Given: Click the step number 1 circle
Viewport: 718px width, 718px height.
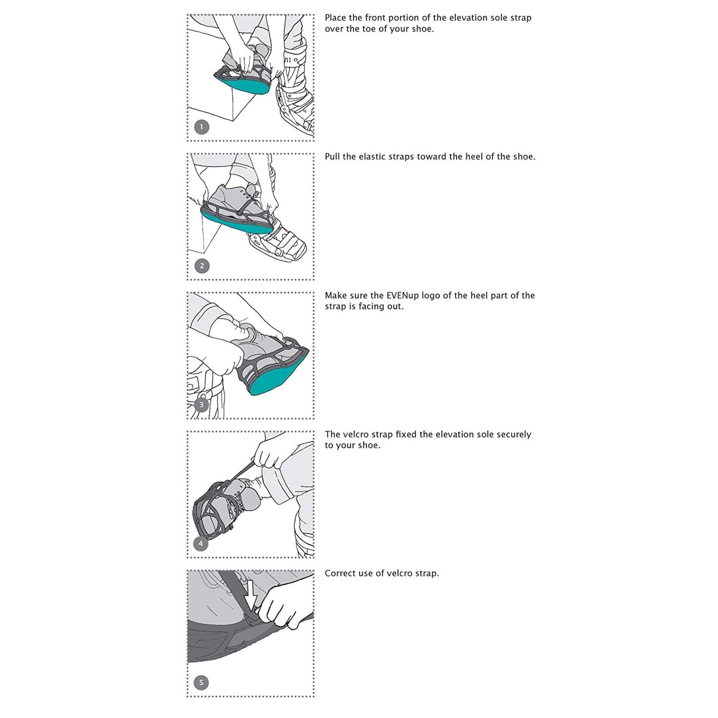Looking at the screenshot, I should click(x=201, y=127).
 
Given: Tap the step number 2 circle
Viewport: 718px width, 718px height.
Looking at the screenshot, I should click(x=201, y=266).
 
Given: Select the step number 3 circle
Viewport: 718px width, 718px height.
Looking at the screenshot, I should click(x=201, y=404).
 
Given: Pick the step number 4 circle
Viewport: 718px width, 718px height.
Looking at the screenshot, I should click(x=201, y=543).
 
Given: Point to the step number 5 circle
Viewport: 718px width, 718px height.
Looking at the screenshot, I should click(x=201, y=682).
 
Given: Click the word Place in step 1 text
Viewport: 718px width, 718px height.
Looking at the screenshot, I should click(x=336, y=18).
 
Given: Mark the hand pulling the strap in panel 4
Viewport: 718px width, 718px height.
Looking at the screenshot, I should click(x=268, y=455).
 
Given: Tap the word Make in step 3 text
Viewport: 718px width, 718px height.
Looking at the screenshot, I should click(x=335, y=296).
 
